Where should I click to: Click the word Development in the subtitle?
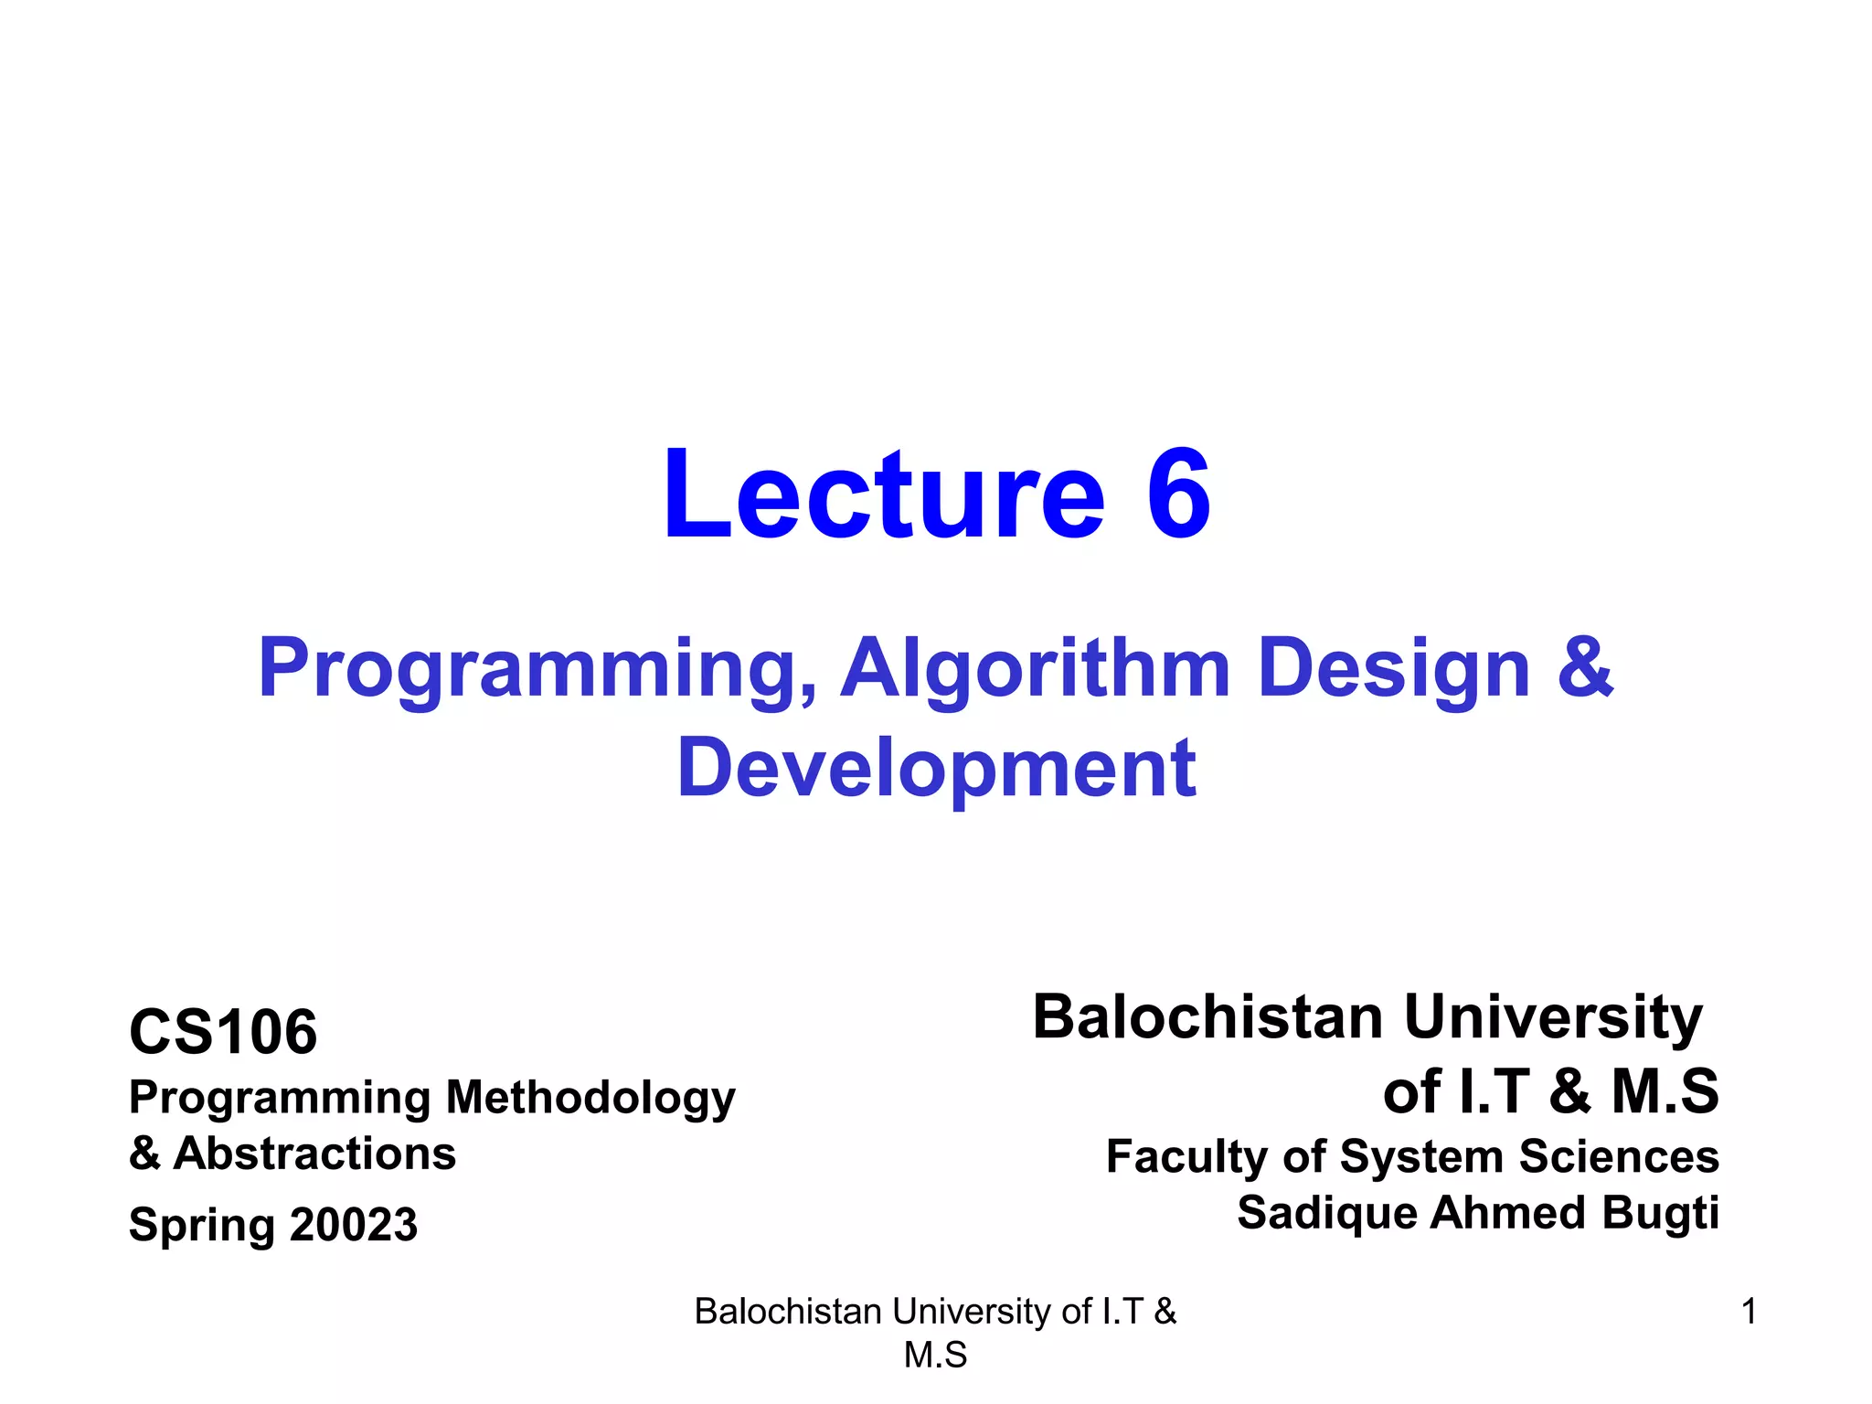[x=936, y=769]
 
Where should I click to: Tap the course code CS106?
[x=223, y=1032]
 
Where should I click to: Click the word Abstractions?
[x=314, y=1154]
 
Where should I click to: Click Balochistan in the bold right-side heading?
[x=1207, y=1016]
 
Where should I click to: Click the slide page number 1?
[x=1749, y=1312]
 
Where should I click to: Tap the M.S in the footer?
[x=935, y=1355]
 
